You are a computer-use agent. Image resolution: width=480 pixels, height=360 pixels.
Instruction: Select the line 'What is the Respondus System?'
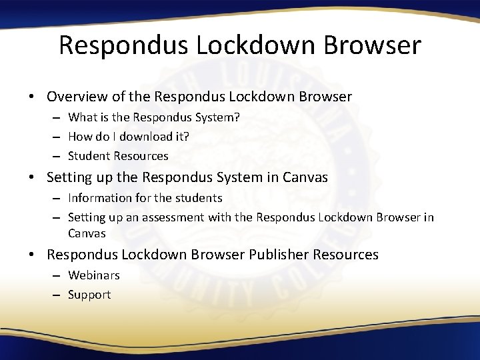click(153, 117)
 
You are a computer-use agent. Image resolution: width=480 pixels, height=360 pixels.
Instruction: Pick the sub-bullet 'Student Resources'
click(118, 156)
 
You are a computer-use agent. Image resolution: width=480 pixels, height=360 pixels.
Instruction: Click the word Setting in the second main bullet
click(69, 178)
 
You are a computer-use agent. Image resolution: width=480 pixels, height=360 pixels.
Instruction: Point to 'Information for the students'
click(145, 198)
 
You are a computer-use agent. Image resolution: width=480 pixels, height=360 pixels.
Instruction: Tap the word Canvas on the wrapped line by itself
click(87, 233)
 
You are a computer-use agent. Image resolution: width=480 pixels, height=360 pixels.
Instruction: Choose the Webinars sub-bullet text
click(94, 275)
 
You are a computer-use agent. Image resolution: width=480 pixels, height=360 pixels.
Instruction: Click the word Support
click(89, 295)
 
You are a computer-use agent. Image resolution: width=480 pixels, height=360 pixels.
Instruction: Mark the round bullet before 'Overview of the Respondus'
click(32, 97)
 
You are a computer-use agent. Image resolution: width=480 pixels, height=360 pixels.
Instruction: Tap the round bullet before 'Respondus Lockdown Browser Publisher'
click(32, 255)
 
